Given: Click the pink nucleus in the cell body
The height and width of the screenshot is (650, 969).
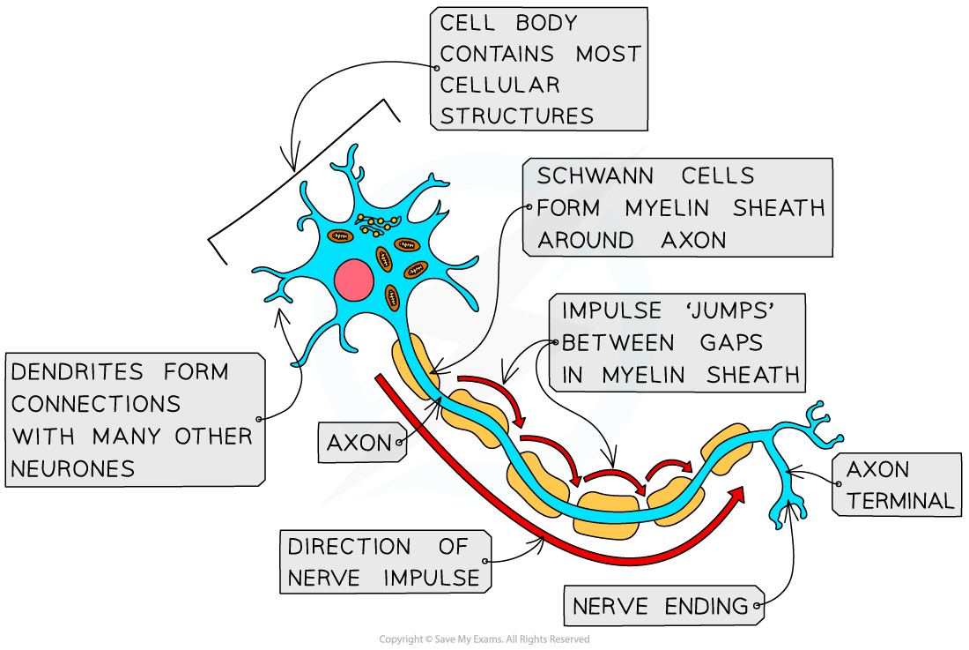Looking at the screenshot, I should pos(354,280).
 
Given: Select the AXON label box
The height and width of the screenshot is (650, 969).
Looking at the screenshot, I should pos(361,443).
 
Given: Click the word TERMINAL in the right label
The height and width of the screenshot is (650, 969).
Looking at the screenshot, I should pos(900,501).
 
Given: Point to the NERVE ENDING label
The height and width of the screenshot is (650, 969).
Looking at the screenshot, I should pos(661,606).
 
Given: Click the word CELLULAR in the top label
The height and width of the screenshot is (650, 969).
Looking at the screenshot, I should pos(499,85).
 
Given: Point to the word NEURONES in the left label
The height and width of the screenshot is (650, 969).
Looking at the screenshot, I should pos(73,468).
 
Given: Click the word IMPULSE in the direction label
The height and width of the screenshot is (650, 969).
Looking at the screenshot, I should pos(432,579).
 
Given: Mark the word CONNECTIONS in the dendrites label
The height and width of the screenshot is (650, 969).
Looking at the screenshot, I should pos(96,404).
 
